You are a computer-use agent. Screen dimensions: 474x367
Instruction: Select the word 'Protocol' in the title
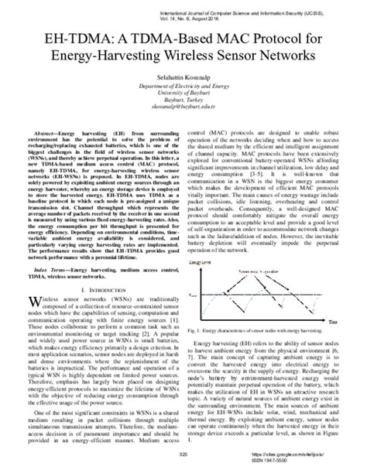coord(259,39)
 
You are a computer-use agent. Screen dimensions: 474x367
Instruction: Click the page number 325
coord(183,455)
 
